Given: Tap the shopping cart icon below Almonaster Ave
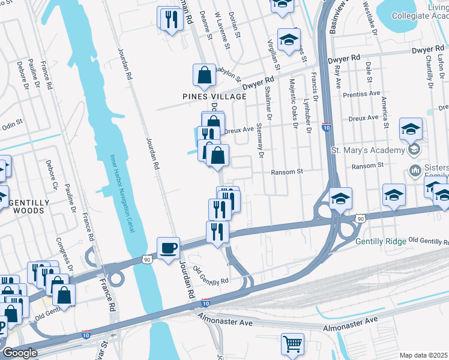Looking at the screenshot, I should [292, 344].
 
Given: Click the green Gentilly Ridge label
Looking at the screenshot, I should [380, 242].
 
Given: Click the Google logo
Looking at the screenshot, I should [20, 353].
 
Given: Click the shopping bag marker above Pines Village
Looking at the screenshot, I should [204, 76].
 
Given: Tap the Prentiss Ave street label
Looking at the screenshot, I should [362, 94].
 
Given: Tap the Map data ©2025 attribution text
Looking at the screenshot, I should [424, 355].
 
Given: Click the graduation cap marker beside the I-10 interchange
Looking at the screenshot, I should [340, 200].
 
